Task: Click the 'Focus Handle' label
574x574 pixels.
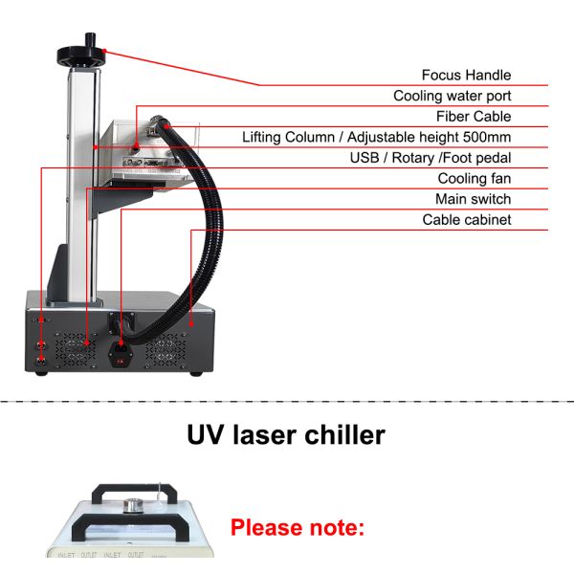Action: click(466, 75)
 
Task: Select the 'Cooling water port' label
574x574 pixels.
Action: click(452, 96)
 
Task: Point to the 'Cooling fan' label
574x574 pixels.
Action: click(475, 179)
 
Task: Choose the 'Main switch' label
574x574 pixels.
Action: click(473, 199)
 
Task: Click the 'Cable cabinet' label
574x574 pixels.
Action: click(467, 220)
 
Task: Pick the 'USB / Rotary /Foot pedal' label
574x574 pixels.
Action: click(430, 158)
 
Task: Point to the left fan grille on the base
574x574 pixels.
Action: click(75, 348)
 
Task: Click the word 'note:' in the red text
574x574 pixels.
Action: click(336, 527)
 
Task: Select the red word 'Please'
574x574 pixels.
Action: click(267, 527)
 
